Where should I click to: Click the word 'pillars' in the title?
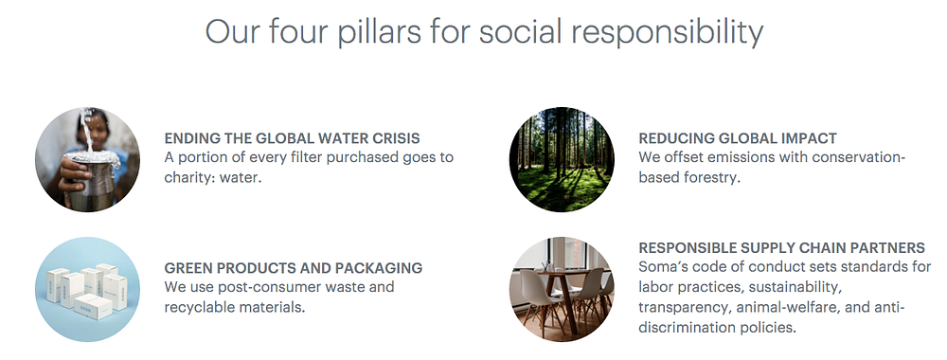380,31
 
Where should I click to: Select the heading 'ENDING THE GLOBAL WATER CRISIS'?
292,138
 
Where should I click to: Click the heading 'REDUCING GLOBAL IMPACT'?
738,138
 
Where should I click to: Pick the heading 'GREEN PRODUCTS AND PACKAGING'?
293,267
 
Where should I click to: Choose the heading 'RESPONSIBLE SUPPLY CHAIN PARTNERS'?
781,248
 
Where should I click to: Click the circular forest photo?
562,159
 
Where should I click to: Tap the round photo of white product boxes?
87,289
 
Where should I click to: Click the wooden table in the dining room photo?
564,289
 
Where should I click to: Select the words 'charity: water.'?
212,179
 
